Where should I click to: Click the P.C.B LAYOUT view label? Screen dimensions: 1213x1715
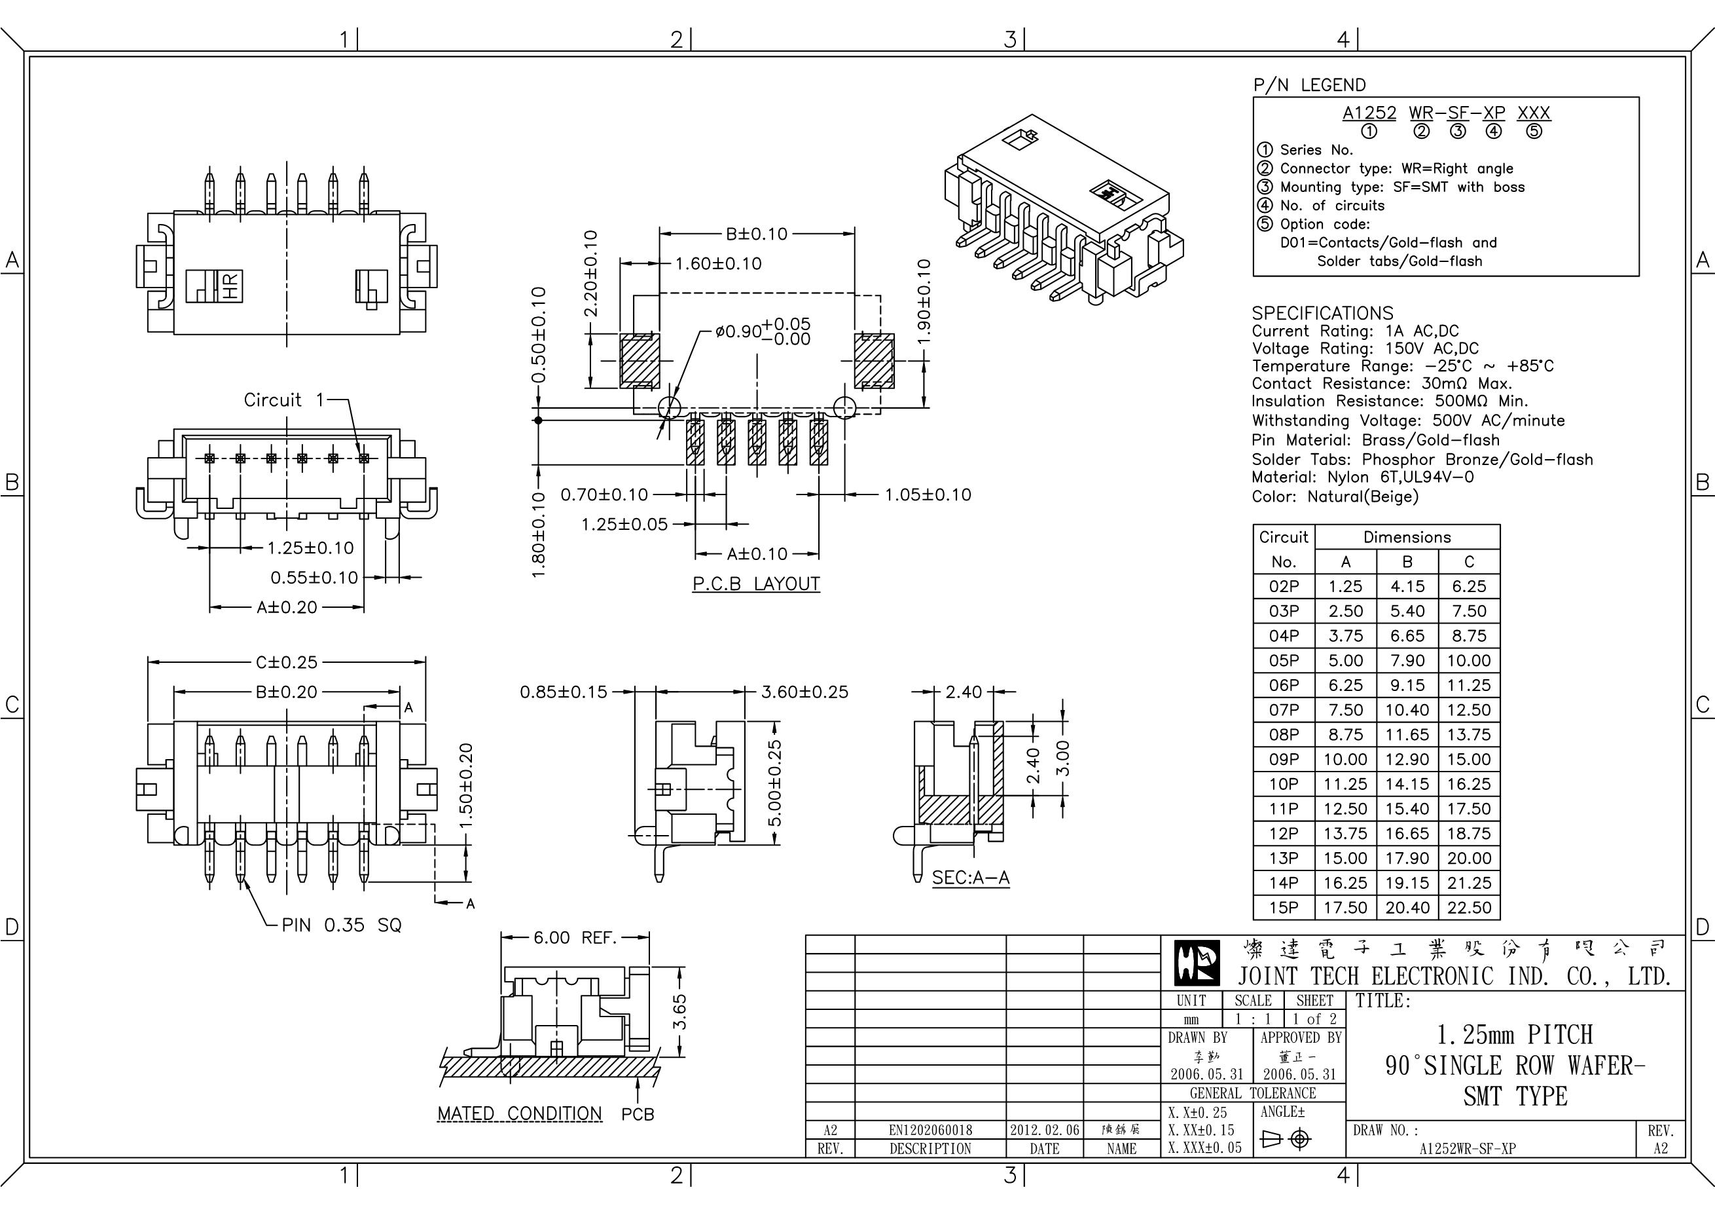[756, 584]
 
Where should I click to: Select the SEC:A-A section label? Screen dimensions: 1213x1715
[970, 878]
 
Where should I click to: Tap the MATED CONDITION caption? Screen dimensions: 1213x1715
[519, 1113]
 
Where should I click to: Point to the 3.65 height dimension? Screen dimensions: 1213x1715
[679, 1011]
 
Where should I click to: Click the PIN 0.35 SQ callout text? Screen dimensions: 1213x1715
[341, 925]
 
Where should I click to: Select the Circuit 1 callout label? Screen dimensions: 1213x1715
[284, 400]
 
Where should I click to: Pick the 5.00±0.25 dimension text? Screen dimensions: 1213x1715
[774, 783]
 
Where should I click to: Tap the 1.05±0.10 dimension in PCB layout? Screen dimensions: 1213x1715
[928, 495]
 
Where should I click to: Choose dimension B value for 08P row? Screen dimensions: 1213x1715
[1407, 735]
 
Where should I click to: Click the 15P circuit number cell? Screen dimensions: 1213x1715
[1283, 907]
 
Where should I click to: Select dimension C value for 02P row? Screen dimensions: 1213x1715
[1468, 587]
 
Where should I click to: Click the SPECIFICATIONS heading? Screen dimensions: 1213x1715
[1322, 313]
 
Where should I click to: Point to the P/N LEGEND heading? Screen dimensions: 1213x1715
[1309, 85]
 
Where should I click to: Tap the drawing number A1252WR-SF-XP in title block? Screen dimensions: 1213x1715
[1467, 1149]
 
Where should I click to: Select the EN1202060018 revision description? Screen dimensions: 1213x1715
[930, 1130]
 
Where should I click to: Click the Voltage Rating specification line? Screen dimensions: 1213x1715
[1365, 348]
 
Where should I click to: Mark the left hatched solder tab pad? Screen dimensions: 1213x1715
[640, 360]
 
